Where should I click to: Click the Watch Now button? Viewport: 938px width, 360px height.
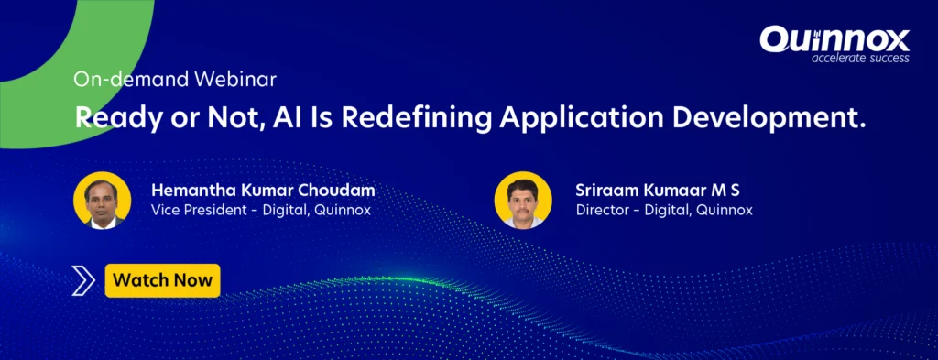pyautogui.click(x=163, y=280)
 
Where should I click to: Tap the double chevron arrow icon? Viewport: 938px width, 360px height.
pyautogui.click(x=83, y=281)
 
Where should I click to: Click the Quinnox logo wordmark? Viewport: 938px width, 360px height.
pyautogui.click(x=834, y=39)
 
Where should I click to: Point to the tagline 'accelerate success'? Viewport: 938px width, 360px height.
pyautogui.click(x=860, y=58)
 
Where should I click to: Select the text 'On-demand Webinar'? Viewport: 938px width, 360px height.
pyautogui.click(x=175, y=80)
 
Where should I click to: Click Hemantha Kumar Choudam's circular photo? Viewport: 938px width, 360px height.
pyautogui.click(x=103, y=201)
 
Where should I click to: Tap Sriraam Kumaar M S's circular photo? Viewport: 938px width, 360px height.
pyautogui.click(x=523, y=201)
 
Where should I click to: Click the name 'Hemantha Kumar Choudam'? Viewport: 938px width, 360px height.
pyautogui.click(x=263, y=191)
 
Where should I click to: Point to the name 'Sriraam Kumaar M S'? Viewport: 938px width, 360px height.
pyautogui.click(x=658, y=191)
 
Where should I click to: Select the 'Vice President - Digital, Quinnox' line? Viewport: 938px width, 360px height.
pyautogui.click(x=261, y=211)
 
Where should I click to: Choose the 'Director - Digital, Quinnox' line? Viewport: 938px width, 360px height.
pyautogui.click(x=664, y=211)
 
